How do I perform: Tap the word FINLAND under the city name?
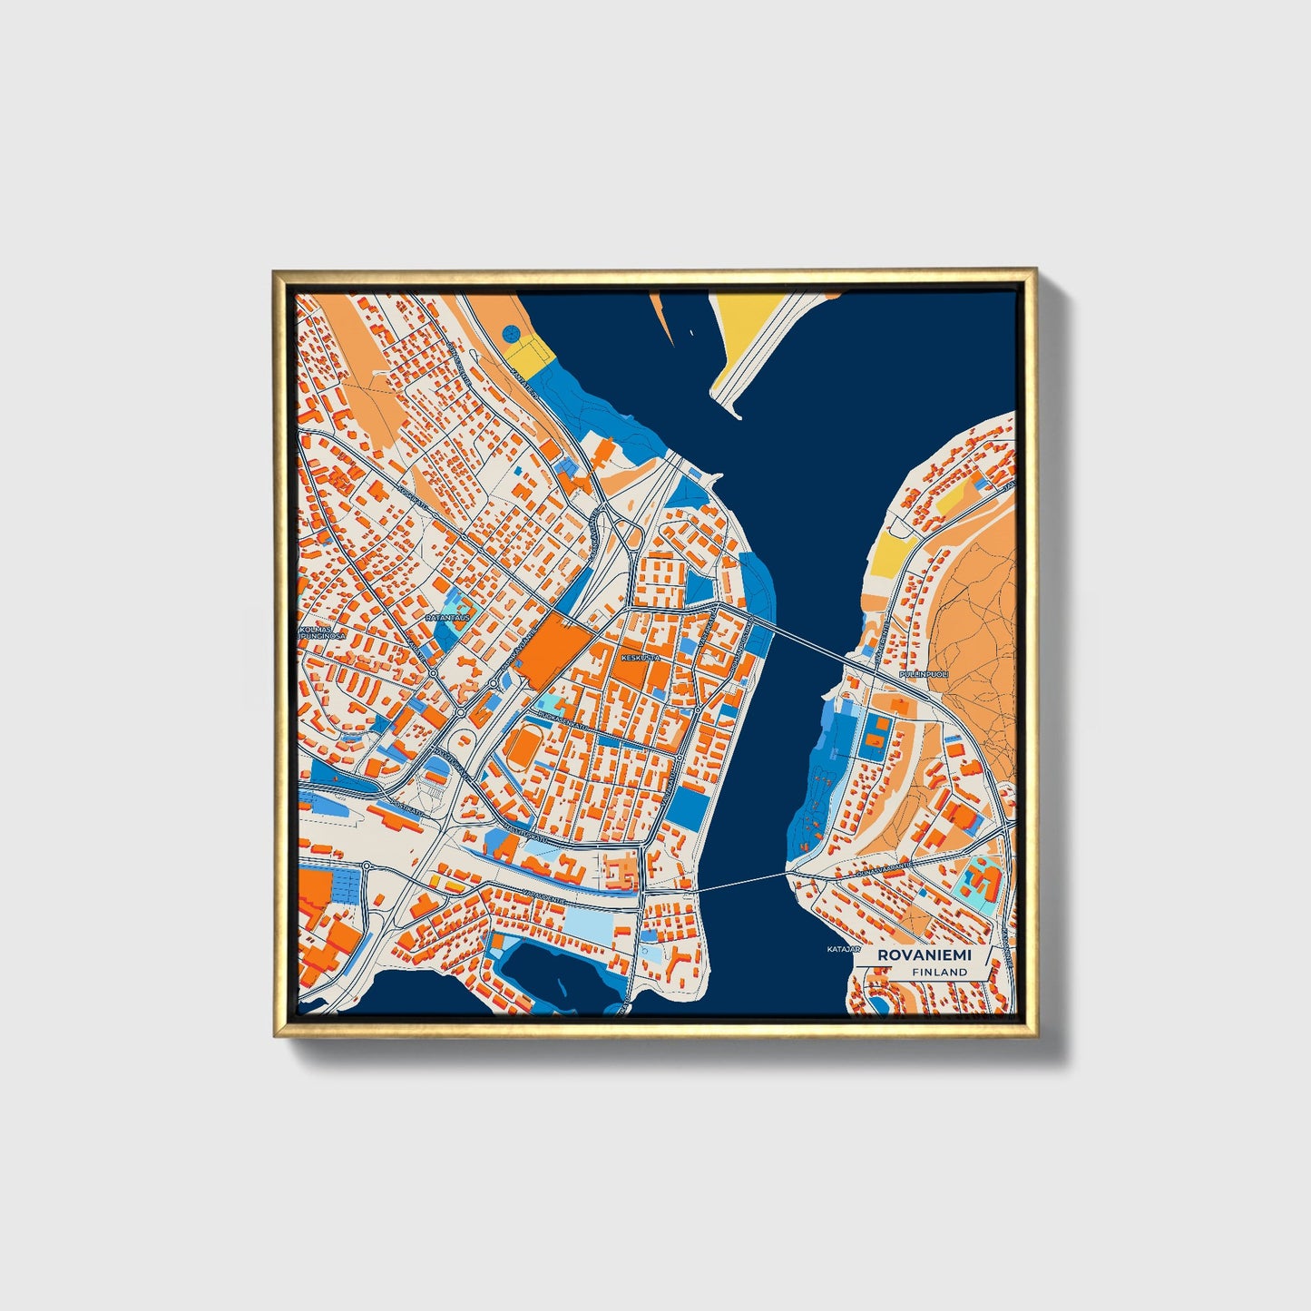tap(940, 972)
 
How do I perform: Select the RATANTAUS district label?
tap(446, 617)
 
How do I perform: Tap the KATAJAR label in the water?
tap(841, 949)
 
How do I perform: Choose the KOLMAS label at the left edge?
tap(315, 627)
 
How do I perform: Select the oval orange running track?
tap(523, 748)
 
